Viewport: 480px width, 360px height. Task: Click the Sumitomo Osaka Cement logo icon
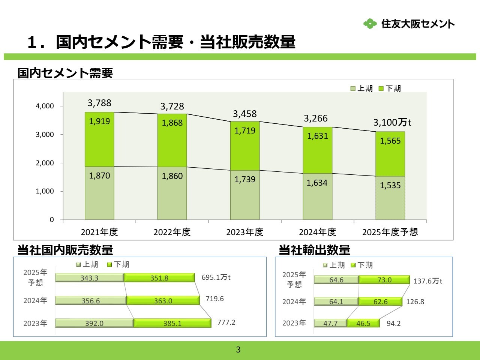(370, 24)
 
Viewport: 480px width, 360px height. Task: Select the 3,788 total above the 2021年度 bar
(99, 103)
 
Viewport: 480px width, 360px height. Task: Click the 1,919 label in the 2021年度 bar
(99, 121)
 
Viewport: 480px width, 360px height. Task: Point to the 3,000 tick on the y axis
(45, 135)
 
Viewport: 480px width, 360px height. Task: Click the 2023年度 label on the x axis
(244, 232)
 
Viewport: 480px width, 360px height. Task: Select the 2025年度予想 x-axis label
(390, 232)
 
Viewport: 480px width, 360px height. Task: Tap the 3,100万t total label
(392, 123)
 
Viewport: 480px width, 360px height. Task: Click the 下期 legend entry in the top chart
(390, 88)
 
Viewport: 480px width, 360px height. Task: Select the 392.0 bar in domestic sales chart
(94, 323)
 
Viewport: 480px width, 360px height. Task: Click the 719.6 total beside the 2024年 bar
(214, 299)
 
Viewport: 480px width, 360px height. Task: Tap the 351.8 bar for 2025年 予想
(159, 278)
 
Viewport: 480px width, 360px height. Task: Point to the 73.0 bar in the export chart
(384, 280)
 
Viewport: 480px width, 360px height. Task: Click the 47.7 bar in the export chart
(330, 323)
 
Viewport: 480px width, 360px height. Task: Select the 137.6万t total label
(427, 281)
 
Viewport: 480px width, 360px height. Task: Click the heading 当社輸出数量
(314, 250)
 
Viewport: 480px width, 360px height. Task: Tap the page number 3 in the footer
(238, 350)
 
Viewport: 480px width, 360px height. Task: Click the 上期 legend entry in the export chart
(333, 265)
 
